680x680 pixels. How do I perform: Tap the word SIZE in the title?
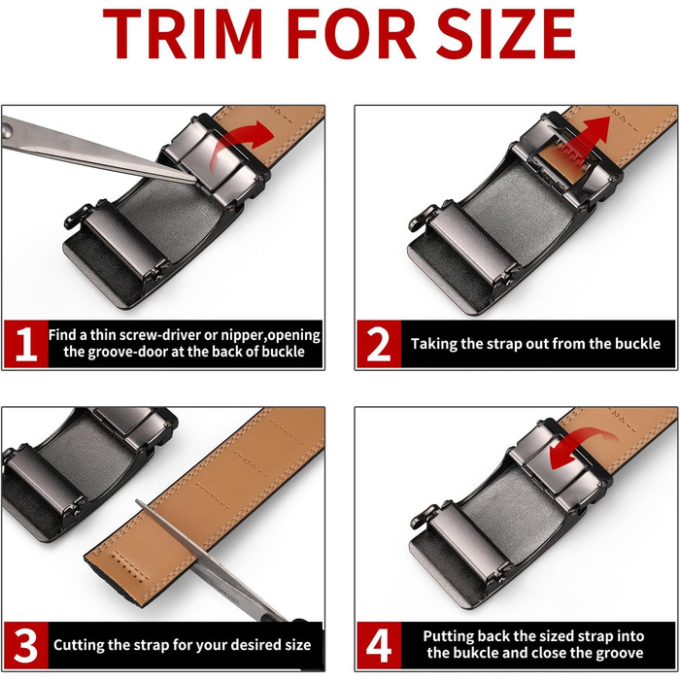[x=506, y=34]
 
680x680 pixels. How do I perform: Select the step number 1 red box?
[x=26, y=344]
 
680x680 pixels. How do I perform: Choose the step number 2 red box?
[x=379, y=344]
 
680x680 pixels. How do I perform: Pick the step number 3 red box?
[x=26, y=646]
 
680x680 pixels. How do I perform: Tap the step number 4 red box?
[x=379, y=646]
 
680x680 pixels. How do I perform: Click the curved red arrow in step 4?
[x=579, y=447]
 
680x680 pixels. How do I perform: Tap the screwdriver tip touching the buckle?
[x=194, y=180]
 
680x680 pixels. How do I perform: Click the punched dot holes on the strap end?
[x=130, y=565]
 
